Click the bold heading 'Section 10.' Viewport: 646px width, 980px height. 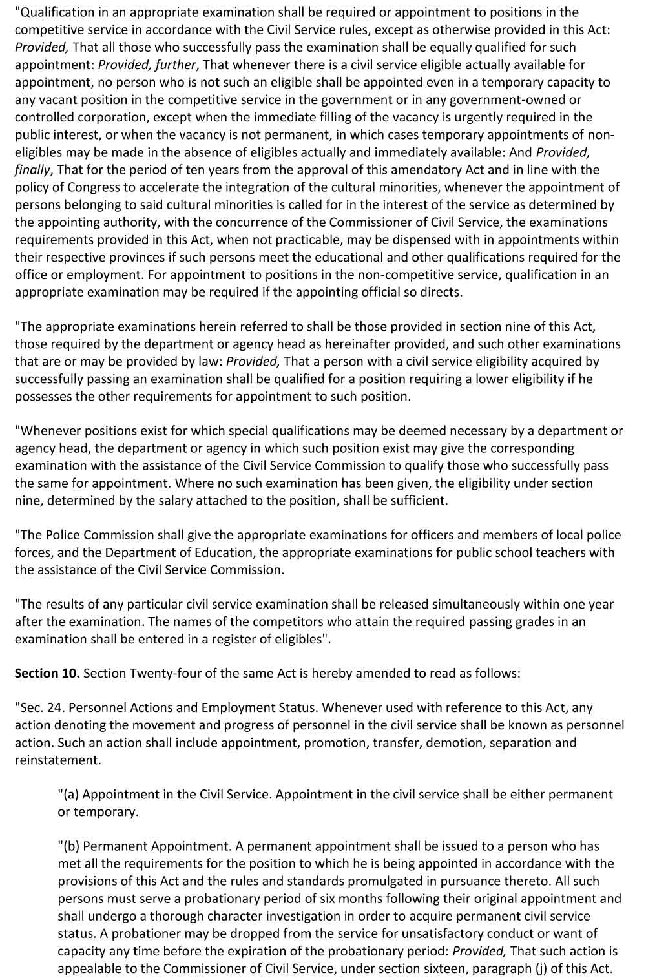47,673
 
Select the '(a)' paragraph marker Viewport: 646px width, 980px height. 69,794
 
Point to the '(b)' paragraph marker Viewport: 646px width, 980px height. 70,846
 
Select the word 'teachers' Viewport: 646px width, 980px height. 554,552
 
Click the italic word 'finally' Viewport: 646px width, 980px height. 32,170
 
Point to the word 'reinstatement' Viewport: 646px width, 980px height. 56,760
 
